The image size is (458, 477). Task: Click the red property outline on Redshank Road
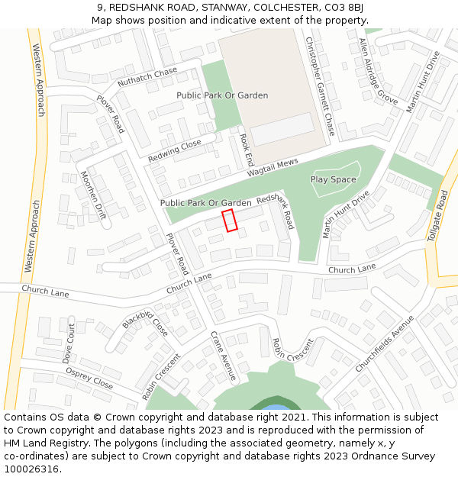pyautogui.click(x=230, y=220)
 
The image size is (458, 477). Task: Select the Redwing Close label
pyautogui.click(x=175, y=150)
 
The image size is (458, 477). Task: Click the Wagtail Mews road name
pyautogui.click(x=272, y=169)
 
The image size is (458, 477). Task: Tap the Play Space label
pyautogui.click(x=333, y=179)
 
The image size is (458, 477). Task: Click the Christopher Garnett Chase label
pyautogui.click(x=320, y=85)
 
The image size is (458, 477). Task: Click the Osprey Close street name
pyautogui.click(x=89, y=379)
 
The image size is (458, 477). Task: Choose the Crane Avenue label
pyautogui.click(x=224, y=356)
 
